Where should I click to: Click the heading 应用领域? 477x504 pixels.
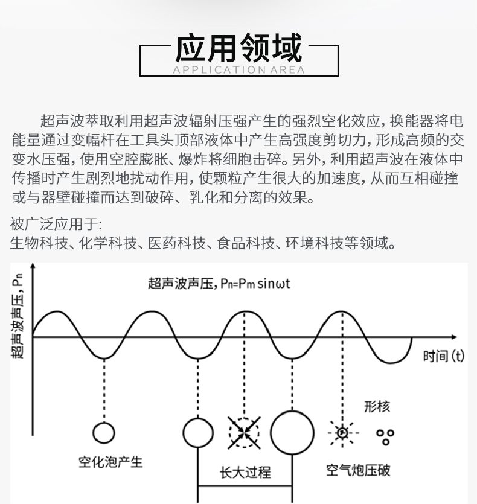pos(238,48)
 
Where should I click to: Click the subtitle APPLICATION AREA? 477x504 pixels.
pos(238,70)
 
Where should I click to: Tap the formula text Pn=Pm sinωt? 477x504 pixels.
pos(255,284)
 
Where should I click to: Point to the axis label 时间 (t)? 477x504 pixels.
pos(444,356)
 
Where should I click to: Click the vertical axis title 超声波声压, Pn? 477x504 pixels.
pos(17,316)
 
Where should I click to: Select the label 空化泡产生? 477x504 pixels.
pos(110,462)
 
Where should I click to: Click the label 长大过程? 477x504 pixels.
pos(245,473)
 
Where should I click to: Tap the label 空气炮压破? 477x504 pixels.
pos(358,470)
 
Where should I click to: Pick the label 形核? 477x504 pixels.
pos(377,407)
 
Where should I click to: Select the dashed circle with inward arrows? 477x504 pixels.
pos(244,433)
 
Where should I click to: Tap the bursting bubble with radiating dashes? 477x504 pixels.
pos(342,433)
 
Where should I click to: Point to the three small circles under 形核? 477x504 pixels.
pos(385,436)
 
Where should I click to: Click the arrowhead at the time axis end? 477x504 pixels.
pos(454,337)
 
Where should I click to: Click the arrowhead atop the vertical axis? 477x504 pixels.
pos(33,266)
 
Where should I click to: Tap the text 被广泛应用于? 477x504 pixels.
pos(56,224)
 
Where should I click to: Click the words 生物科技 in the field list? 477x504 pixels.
pos(39,243)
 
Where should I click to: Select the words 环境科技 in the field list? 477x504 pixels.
pos(314,243)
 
